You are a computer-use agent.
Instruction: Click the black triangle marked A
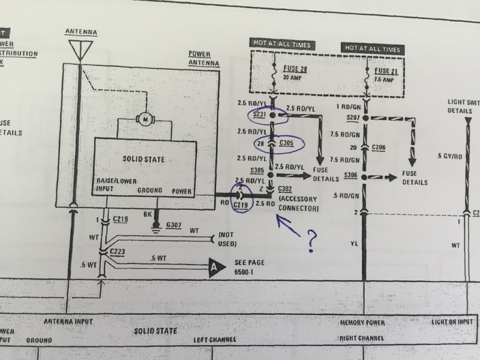[x=213, y=268]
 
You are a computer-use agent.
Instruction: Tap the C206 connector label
[x=379, y=146]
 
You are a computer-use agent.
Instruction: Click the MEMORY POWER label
[x=361, y=323]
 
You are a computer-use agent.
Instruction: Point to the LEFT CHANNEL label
[x=212, y=339]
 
